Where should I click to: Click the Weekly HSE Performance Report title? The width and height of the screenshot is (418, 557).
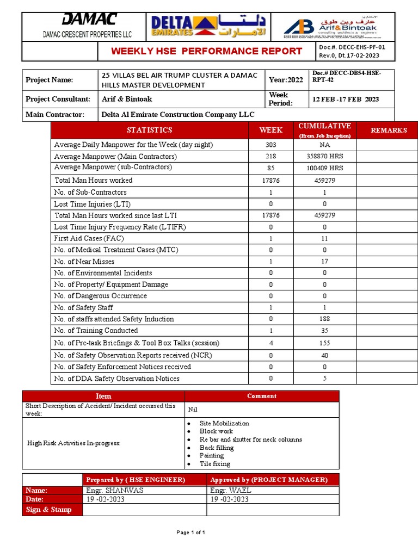[207, 51]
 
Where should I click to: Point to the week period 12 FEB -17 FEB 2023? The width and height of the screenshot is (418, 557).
[346, 99]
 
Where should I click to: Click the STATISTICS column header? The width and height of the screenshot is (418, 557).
[149, 130]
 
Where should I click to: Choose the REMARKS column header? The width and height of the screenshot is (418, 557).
[389, 130]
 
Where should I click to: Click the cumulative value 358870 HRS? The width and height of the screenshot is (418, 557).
[325, 157]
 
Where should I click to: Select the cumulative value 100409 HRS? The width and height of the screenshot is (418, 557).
[325, 168]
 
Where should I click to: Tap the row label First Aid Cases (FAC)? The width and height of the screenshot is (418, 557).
[89, 238]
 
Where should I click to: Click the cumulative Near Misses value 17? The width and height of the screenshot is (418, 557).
[325, 262]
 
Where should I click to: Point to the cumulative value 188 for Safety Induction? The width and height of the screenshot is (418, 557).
[325, 319]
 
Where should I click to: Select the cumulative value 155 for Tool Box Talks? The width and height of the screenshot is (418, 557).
[325, 343]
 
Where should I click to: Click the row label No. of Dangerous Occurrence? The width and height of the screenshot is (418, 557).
[100, 296]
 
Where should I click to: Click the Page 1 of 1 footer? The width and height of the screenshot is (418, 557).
[190, 533]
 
